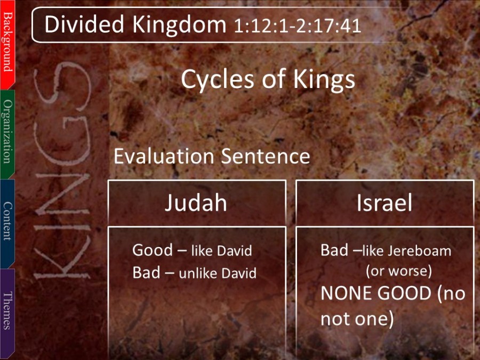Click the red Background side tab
click(x=7, y=44)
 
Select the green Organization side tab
click(x=7, y=134)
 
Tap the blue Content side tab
click(x=7, y=223)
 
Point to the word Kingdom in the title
click(x=179, y=25)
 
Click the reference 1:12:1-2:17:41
click(x=297, y=26)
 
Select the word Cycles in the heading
click(x=217, y=79)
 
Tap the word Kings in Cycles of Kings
click(x=324, y=79)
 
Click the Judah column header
click(x=196, y=203)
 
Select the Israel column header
click(x=385, y=203)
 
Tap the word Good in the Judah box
click(x=153, y=250)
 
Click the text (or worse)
click(x=399, y=271)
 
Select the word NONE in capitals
click(x=345, y=293)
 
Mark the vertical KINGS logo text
click(x=62, y=171)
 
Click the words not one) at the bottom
click(x=357, y=319)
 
